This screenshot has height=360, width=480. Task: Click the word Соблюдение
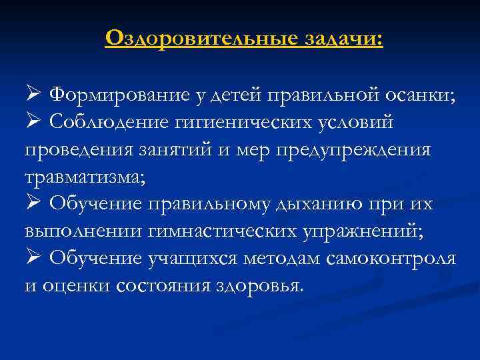pyautogui.click(x=118, y=122)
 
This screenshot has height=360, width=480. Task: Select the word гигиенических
pyautogui.click(x=257, y=122)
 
